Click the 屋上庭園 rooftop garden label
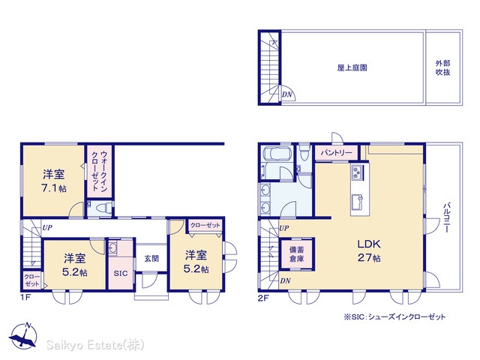click(352, 67)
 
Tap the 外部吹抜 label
click(442, 68)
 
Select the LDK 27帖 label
click(369, 250)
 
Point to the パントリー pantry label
click(336, 152)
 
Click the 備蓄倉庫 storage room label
click(297, 254)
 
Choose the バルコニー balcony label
click(446, 217)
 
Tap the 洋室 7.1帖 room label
click(54, 181)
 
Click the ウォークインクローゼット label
click(100, 171)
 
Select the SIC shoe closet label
click(121, 273)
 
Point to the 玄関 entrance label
click(151, 259)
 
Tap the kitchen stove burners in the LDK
click(358, 172)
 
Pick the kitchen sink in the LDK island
click(357, 202)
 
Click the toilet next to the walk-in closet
click(103, 208)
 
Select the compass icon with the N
click(22, 335)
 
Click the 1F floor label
click(25, 297)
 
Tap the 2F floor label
click(263, 298)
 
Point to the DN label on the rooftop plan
click(286, 94)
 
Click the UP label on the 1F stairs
click(47, 228)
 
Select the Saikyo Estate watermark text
click(95, 345)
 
